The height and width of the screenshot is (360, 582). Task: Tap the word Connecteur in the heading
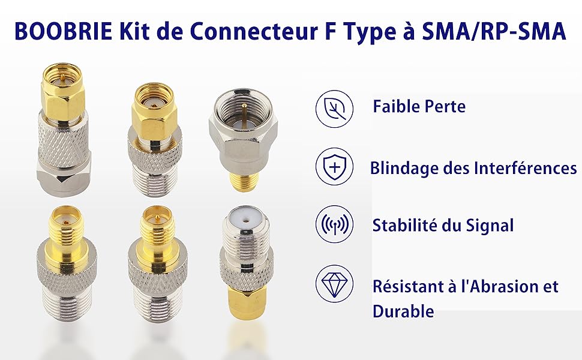tap(251, 32)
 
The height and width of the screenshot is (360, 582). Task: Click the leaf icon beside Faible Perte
tap(334, 109)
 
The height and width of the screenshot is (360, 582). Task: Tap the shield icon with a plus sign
tap(334, 167)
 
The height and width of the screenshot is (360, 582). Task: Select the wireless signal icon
tap(334, 224)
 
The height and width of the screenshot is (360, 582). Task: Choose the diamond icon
tap(334, 283)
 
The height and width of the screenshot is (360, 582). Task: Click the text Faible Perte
tap(419, 107)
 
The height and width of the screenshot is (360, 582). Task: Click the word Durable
tap(403, 311)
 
